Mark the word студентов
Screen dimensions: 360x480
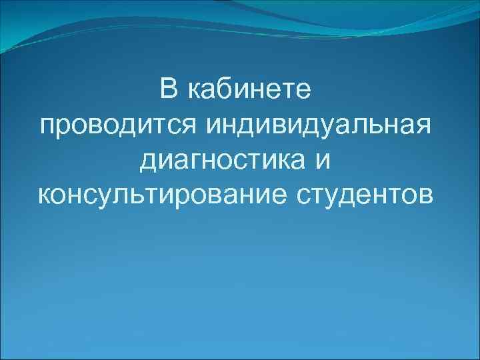click(x=364, y=195)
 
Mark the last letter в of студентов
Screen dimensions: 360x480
click(x=425, y=195)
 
